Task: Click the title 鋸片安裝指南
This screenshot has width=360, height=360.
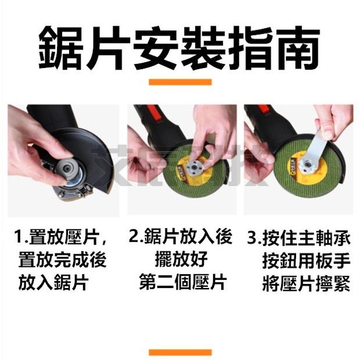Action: pos(179,46)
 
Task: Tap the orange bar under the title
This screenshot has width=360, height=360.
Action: pos(179,82)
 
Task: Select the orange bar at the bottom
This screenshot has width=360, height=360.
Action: pos(179,352)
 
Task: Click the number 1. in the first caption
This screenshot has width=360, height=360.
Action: pos(23,237)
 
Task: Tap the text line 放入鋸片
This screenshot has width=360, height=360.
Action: pos(53,283)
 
